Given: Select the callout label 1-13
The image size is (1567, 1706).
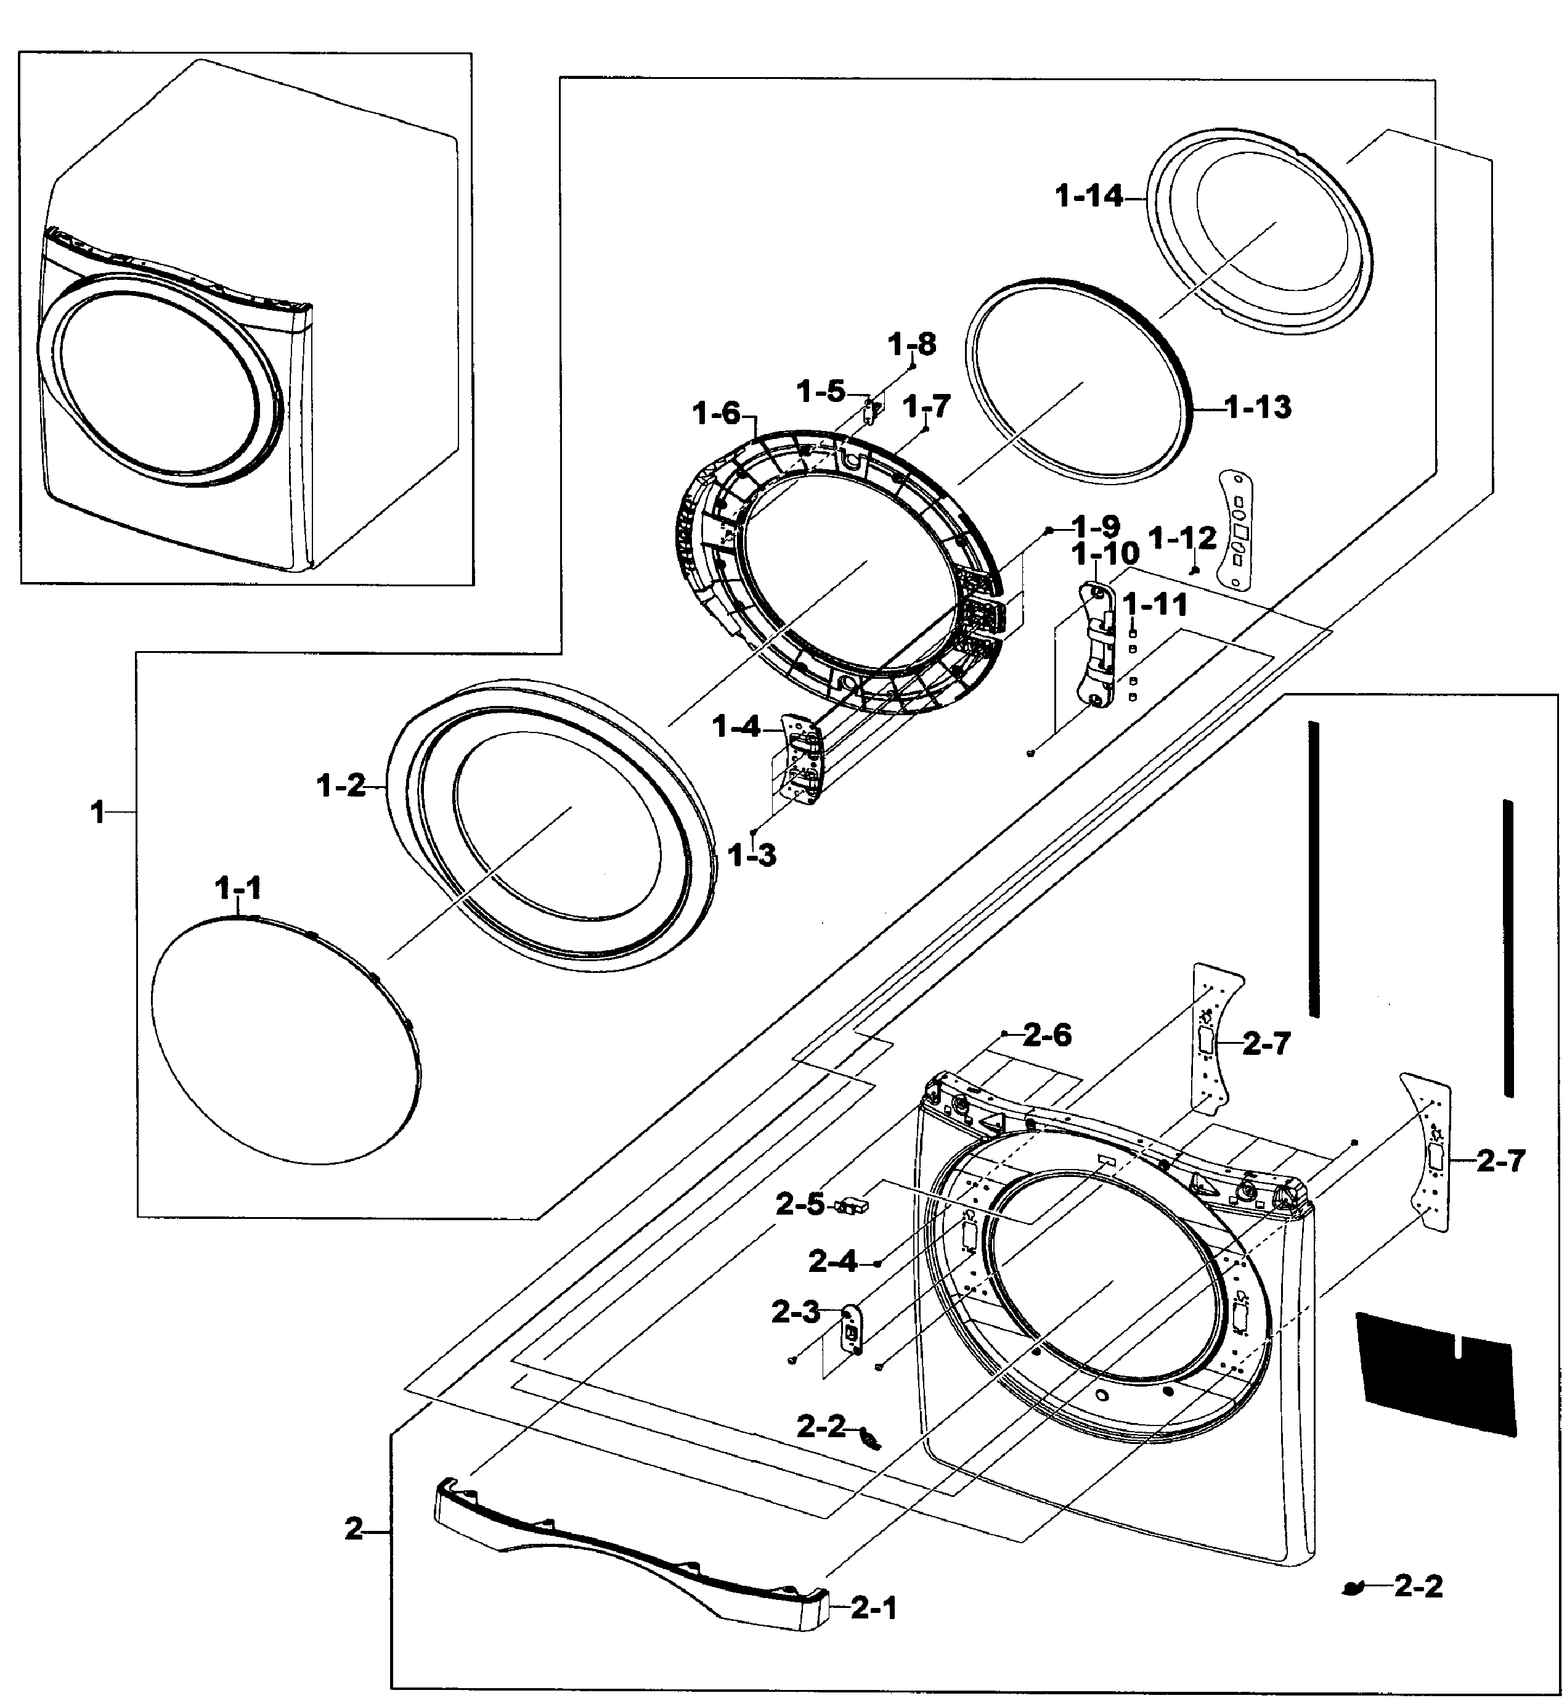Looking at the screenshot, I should [1258, 407].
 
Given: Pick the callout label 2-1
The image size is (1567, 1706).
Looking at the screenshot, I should [873, 1607].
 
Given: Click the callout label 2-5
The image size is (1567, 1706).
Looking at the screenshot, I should [800, 1205].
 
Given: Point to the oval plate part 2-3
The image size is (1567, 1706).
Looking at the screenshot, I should [850, 1327].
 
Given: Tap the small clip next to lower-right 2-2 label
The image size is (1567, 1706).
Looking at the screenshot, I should [1355, 1586].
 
